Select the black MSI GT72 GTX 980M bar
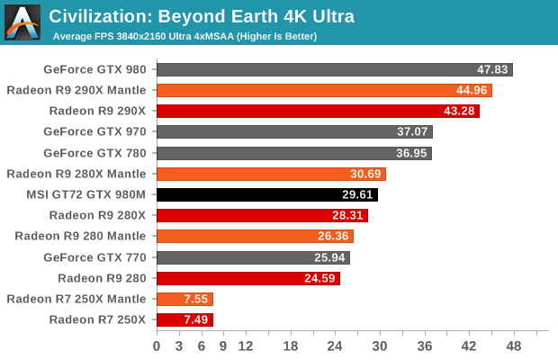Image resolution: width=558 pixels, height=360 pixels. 267,193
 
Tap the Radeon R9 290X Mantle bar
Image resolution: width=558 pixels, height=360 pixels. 324,90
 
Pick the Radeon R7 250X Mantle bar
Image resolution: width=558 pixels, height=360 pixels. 184,298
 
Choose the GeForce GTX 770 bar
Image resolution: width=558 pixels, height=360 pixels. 254,256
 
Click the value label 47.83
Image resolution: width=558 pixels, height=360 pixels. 493,69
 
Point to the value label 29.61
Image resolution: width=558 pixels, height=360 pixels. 357,194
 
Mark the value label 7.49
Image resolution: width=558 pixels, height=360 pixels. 194,319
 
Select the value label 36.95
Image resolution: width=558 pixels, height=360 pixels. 412,153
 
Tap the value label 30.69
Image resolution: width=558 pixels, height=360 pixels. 365,174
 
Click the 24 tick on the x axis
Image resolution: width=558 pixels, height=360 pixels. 335,346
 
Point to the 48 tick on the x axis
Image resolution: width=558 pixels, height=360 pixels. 513,346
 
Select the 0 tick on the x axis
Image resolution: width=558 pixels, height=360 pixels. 157,346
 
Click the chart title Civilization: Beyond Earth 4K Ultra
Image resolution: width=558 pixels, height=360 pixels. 202,16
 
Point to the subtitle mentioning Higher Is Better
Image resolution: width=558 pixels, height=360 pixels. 184,36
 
